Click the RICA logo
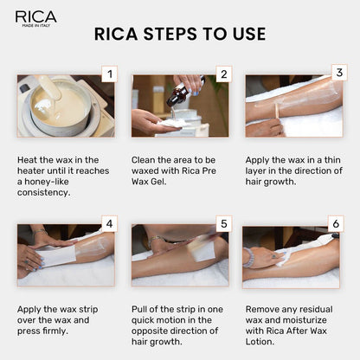click(x=35, y=17)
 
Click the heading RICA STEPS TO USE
click(x=179, y=35)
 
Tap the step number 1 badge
click(x=108, y=74)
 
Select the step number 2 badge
click(x=222, y=74)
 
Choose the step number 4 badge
click(x=108, y=224)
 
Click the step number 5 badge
click(x=222, y=224)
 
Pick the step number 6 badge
click(x=337, y=224)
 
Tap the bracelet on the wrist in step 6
click(x=250, y=257)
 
